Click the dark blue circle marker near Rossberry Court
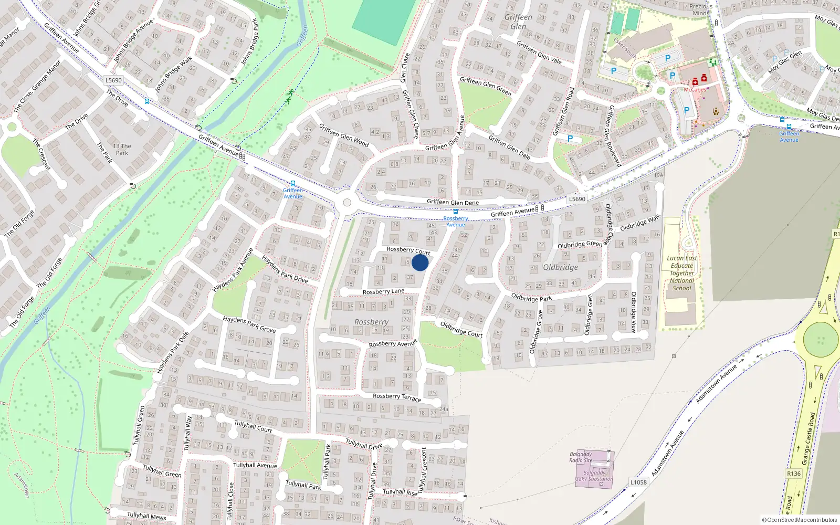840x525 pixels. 420,262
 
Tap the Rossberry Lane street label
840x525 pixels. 383,291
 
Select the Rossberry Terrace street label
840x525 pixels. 397,397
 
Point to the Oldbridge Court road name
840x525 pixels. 461,329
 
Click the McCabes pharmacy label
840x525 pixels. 695,90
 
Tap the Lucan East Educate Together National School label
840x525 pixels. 682,273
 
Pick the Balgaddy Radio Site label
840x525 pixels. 581,457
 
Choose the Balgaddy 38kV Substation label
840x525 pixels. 594,476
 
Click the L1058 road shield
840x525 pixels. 638,482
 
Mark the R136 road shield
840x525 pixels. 794,474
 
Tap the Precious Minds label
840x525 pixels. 701,10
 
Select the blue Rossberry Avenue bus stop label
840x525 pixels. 456,222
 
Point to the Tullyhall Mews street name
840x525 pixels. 146,516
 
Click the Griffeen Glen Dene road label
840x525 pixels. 453,202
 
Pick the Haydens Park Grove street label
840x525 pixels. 249,324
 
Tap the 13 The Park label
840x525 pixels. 122,150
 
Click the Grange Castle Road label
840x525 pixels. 808,439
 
